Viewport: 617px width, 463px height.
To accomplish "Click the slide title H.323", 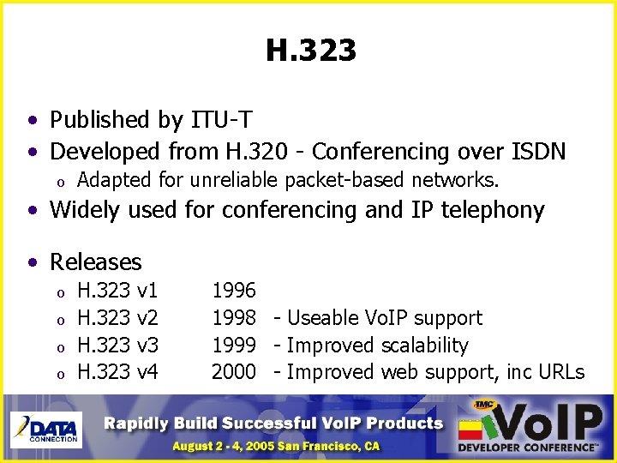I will pos(310,51).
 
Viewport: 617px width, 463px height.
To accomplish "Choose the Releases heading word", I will pos(96,262).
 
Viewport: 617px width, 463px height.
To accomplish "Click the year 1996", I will pos(233,291).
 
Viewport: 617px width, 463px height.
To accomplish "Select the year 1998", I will pos(233,318).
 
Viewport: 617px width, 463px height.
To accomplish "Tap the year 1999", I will pos(233,346).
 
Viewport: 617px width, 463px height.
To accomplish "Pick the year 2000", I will pos(233,372).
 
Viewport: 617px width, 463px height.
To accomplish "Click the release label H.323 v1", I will pos(117,291).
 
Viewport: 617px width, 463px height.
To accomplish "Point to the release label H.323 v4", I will pos(117,372).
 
